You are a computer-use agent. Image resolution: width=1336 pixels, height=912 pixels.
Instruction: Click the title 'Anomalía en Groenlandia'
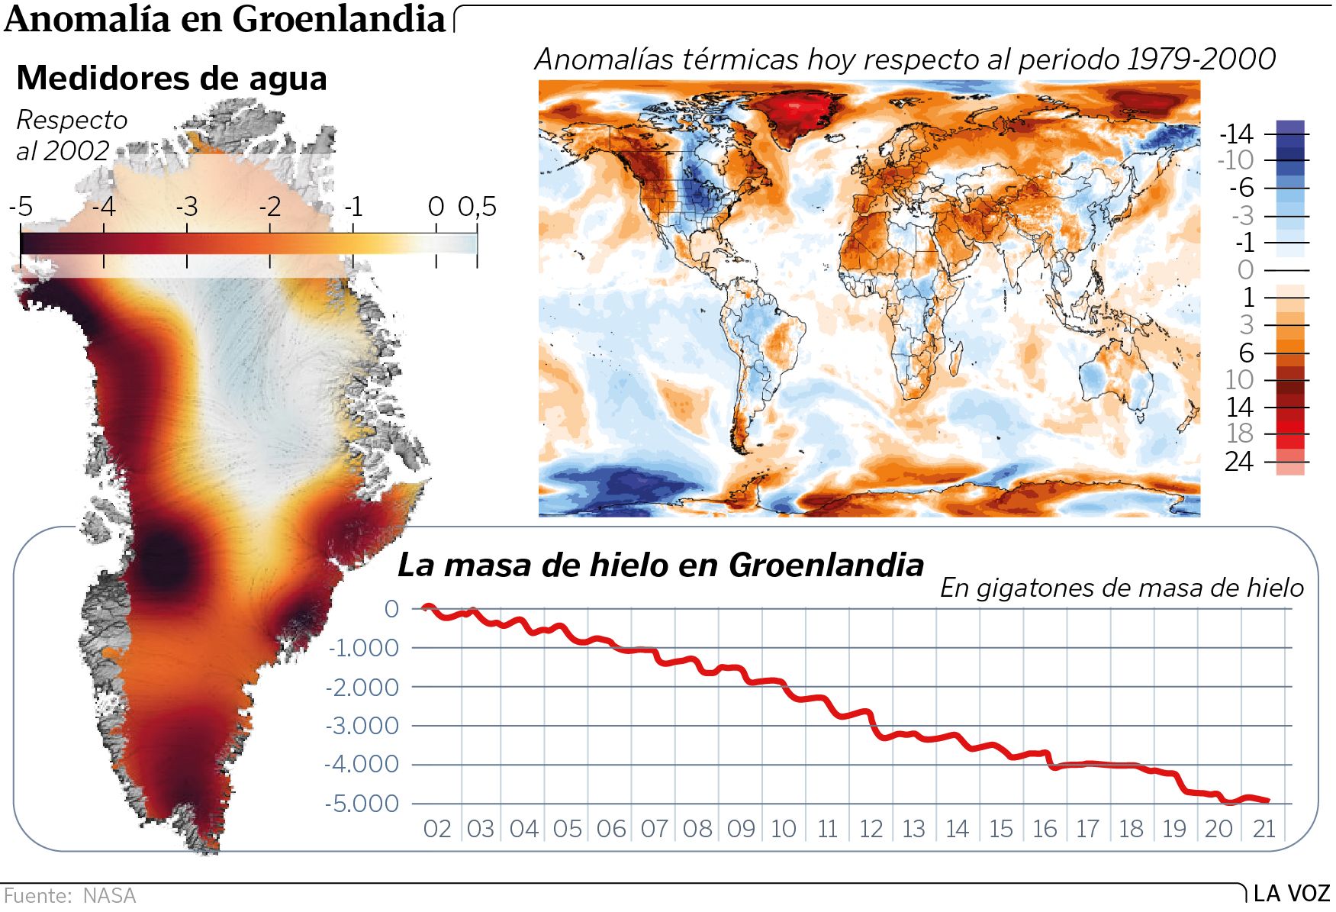click(224, 19)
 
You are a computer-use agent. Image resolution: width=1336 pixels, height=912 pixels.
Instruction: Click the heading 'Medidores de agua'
click(172, 78)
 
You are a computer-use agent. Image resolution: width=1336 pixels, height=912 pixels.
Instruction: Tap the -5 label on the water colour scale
click(21, 207)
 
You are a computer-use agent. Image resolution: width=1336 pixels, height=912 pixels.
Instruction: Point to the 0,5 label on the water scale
click(478, 207)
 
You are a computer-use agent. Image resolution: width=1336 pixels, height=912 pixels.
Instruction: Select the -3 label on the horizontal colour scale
click(186, 207)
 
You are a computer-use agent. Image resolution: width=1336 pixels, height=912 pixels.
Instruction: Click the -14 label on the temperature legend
click(1236, 134)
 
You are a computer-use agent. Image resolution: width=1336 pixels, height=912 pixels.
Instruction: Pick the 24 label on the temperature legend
click(1238, 462)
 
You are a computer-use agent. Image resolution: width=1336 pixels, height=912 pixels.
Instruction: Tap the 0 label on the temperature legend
click(1245, 270)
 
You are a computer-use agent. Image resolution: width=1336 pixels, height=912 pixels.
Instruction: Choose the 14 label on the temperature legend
click(1239, 407)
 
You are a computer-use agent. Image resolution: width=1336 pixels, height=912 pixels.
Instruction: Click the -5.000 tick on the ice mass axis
click(362, 804)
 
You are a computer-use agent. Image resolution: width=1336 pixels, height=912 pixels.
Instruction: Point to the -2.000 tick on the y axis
click(362, 687)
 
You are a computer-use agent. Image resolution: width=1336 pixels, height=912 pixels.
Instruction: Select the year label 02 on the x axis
click(437, 829)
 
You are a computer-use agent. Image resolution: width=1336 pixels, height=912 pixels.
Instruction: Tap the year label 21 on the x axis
click(1264, 829)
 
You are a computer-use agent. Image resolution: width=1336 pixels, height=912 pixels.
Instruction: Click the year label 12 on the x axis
click(871, 829)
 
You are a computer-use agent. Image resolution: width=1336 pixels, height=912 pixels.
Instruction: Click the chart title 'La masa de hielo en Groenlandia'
click(661, 566)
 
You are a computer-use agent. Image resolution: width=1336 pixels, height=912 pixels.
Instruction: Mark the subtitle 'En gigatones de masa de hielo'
click(1122, 588)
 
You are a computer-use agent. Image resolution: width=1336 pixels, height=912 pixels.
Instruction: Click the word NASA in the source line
click(109, 895)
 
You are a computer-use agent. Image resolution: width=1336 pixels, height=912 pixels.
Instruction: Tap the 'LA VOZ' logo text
click(1292, 894)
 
